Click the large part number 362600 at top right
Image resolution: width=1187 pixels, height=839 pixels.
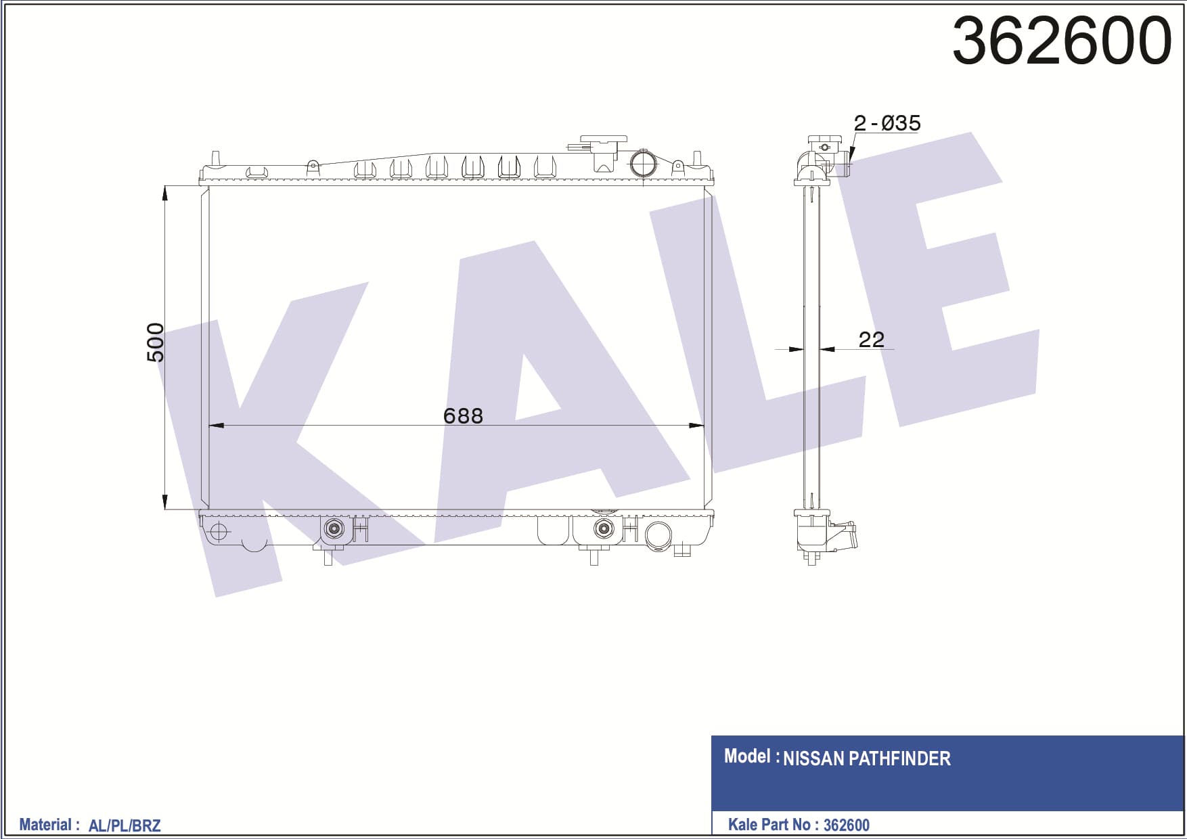(x=1061, y=41)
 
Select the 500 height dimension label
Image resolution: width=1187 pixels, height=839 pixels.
(x=155, y=342)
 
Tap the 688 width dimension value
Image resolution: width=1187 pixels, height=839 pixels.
(x=463, y=415)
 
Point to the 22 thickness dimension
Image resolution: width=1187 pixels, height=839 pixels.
(x=871, y=339)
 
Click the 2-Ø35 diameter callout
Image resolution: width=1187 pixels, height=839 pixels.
(x=887, y=123)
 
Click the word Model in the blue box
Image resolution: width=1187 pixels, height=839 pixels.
(x=747, y=756)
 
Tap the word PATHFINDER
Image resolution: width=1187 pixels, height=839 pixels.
(x=899, y=758)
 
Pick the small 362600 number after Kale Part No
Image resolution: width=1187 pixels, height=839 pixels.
(x=846, y=825)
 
